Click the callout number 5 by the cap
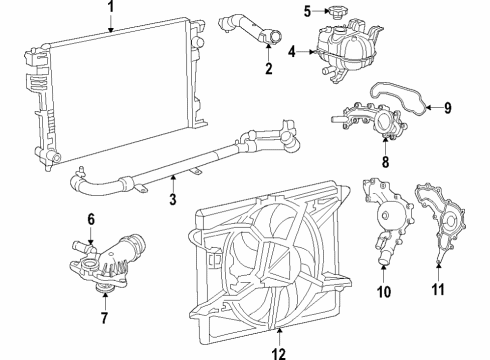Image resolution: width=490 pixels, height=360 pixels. pos(308,12)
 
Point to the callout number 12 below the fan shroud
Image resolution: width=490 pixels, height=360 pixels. pos(280,351)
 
